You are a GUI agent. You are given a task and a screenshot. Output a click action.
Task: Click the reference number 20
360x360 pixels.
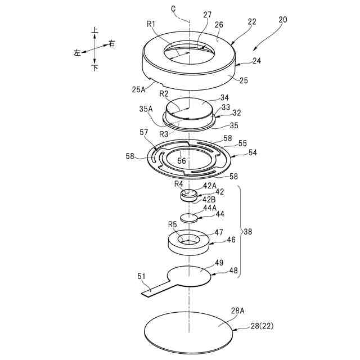[x=282, y=19]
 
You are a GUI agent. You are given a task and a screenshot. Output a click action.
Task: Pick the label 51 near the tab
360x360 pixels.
[x=142, y=276]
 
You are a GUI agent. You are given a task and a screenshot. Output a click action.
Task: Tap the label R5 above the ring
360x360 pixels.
[x=173, y=224]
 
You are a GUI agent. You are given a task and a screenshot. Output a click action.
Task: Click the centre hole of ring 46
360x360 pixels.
[x=189, y=240]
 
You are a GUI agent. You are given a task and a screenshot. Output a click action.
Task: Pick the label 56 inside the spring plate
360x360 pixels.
[x=182, y=161]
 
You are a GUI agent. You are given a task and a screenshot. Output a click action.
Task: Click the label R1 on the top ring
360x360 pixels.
[x=151, y=24]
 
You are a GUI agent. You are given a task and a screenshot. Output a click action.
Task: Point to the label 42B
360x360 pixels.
[x=210, y=199]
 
